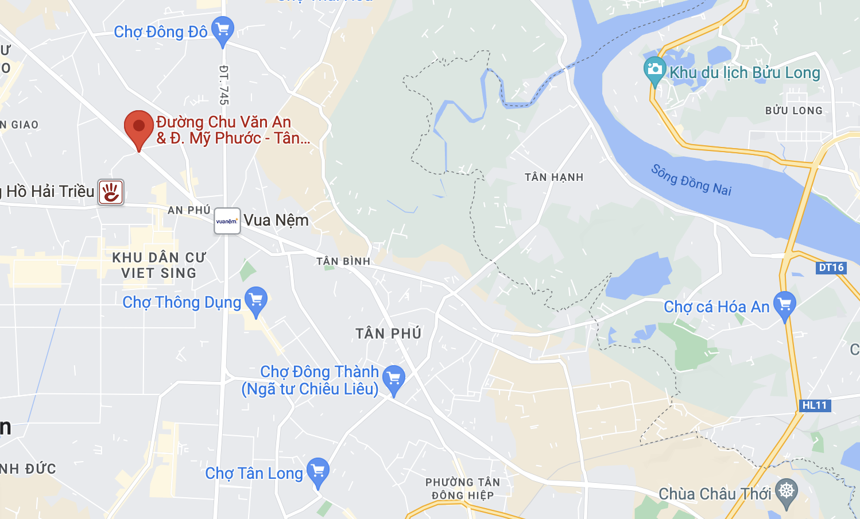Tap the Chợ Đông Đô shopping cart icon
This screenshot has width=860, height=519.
click(222, 30)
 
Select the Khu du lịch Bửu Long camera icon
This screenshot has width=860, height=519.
click(654, 70)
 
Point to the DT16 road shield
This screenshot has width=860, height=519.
click(831, 268)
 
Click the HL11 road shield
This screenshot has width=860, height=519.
click(815, 405)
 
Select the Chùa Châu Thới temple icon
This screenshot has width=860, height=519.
click(786, 492)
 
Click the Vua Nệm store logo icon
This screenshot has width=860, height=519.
click(227, 221)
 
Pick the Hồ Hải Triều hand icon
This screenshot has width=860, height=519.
click(111, 192)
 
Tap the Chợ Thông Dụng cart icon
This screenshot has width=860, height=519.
click(256, 300)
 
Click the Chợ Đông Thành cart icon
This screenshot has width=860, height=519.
click(394, 378)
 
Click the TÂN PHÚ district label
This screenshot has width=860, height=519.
click(389, 334)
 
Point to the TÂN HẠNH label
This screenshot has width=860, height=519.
click(554, 177)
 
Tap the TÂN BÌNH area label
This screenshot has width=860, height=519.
click(343, 261)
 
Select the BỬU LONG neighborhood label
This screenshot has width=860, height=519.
click(793, 111)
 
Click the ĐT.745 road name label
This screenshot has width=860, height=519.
click(224, 85)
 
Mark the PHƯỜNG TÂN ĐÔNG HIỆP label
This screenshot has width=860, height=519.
click(463, 489)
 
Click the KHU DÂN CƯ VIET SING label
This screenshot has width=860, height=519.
click(158, 265)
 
